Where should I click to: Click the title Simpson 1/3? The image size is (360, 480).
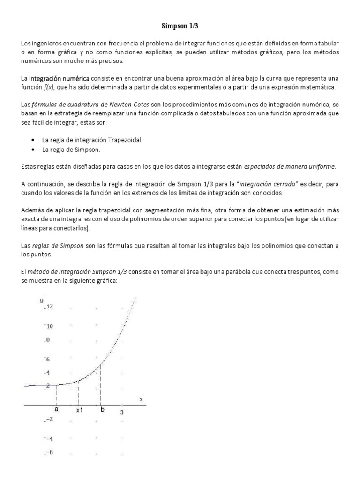pos(180,27)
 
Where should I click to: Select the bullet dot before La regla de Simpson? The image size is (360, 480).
pos(32,150)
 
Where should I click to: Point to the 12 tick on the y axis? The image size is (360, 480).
pos(50,307)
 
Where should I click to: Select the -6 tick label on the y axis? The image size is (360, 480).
pos(49,452)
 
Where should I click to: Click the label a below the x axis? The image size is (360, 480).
pos(57,409)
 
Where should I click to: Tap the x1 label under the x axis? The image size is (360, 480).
pos(80,410)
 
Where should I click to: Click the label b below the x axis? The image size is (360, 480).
pos(102,409)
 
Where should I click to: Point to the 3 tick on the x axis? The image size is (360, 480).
pos(122,412)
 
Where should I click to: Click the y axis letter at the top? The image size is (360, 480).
pos(41,300)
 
